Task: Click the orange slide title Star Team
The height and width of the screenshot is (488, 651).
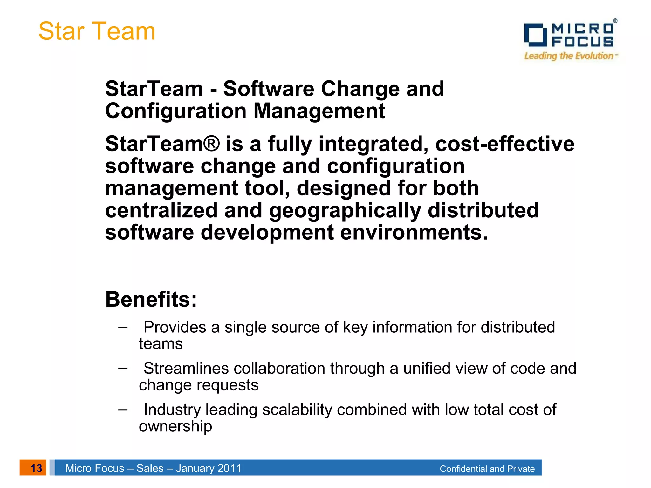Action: click(97, 31)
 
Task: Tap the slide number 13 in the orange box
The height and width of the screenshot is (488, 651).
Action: click(36, 468)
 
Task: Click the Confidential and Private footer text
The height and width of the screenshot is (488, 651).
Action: click(487, 469)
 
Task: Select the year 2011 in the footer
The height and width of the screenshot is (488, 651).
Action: click(229, 468)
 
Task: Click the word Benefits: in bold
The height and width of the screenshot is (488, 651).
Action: click(151, 299)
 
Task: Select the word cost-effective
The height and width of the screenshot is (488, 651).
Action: click(504, 144)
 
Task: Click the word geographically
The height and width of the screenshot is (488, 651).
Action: click(345, 210)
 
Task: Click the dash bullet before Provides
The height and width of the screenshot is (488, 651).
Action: click(123, 327)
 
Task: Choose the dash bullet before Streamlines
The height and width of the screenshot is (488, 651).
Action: click(123, 368)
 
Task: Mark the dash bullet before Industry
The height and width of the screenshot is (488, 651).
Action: click(123, 410)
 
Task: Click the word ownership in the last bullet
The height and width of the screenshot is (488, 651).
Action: click(175, 426)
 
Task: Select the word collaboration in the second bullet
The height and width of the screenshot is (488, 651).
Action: click(279, 368)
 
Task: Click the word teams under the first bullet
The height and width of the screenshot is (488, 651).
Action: click(161, 344)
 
